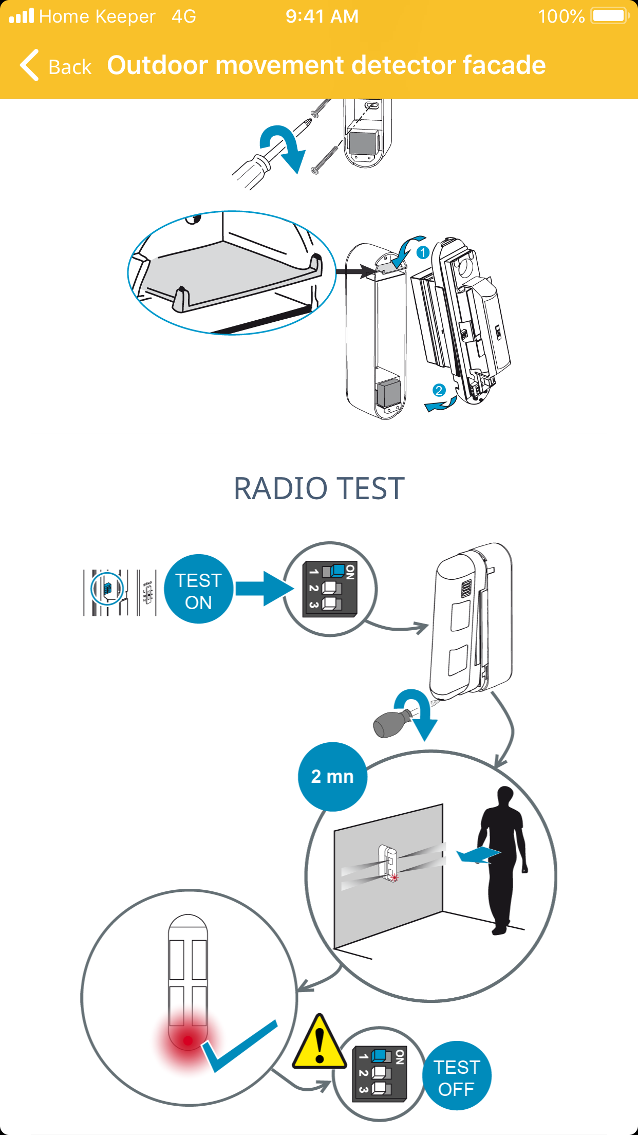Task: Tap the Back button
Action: coord(55,66)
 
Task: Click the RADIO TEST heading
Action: coord(319,488)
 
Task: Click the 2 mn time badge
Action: coord(332,776)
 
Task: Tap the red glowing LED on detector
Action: coord(187,1040)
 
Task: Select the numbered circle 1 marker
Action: coord(423,252)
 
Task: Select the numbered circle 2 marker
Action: coord(438,390)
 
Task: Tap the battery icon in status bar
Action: coord(610,16)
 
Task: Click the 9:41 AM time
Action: coord(322,16)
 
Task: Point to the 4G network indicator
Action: coord(184,16)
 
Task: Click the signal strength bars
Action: coord(22,16)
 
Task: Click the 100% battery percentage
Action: coord(561,16)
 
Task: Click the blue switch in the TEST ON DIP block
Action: coord(337,570)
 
